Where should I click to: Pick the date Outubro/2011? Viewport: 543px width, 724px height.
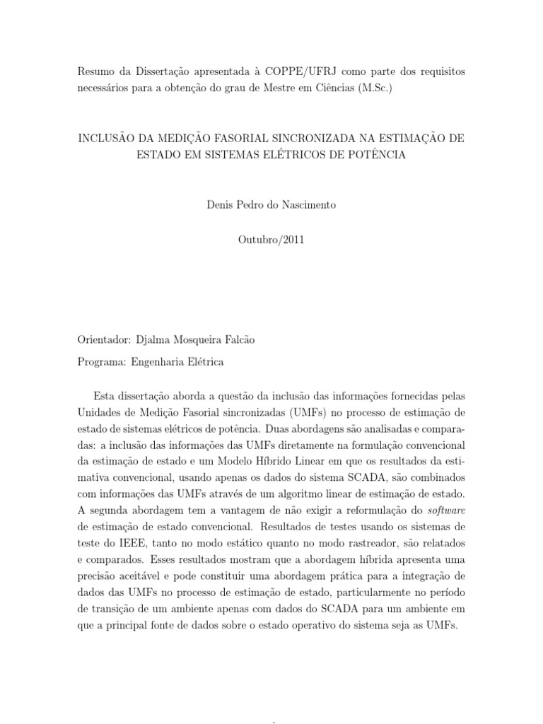pos(271,240)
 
